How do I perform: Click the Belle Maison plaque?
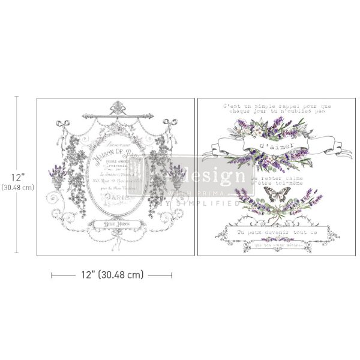pyautogui.click(x=115, y=224)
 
